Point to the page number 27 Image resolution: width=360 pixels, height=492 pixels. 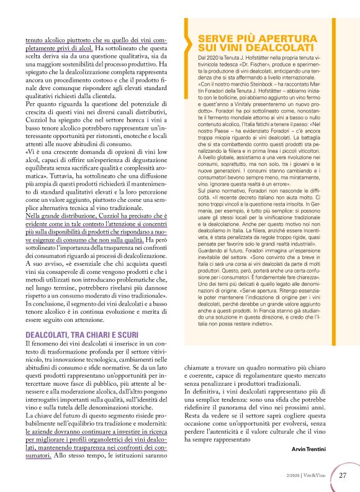[343, 475]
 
